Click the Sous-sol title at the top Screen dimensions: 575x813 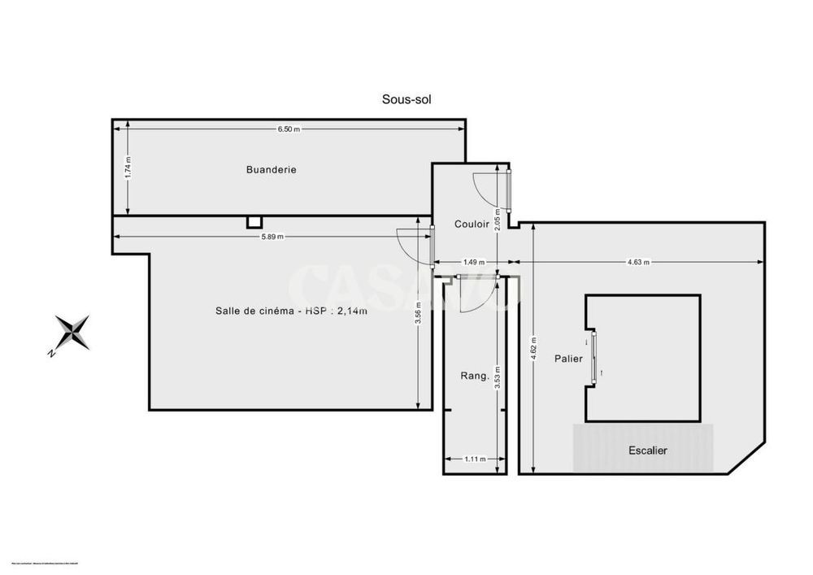pyautogui.click(x=406, y=99)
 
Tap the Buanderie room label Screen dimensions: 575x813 pyautogui.click(x=271, y=170)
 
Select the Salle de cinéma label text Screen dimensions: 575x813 pyautogui.click(x=285, y=311)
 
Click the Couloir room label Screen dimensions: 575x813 pyautogui.click(x=472, y=224)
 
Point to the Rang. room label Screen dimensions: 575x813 pyautogui.click(x=474, y=376)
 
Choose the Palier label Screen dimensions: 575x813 pyautogui.click(x=568, y=358)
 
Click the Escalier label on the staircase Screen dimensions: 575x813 pyautogui.click(x=647, y=450)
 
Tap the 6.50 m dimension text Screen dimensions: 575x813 pyautogui.click(x=289, y=129)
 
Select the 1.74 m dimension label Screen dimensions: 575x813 pyautogui.click(x=128, y=168)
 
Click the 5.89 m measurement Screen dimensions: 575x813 pyautogui.click(x=272, y=237)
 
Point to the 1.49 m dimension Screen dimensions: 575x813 pyautogui.click(x=474, y=262)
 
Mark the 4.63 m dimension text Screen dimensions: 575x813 pyautogui.click(x=638, y=262)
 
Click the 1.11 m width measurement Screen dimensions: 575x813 pyautogui.click(x=474, y=459)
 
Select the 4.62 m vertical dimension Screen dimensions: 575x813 pyautogui.click(x=533, y=350)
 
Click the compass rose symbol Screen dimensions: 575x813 pyautogui.click(x=73, y=333)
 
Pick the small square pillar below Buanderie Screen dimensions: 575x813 pyautogui.click(x=254, y=221)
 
